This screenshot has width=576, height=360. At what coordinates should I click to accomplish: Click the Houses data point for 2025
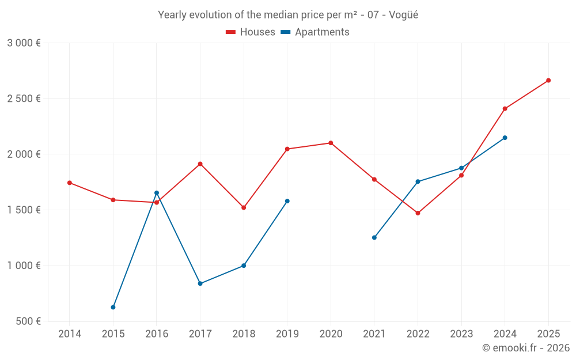[548, 81]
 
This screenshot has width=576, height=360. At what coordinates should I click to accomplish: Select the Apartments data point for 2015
[113, 308]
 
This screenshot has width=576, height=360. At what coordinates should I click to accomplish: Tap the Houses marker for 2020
[331, 143]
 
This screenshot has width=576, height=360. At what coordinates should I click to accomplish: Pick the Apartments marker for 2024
[505, 138]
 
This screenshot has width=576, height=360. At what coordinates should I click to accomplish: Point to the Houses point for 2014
[70, 183]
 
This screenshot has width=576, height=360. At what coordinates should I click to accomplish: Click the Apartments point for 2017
[200, 283]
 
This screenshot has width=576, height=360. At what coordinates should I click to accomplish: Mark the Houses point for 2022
[418, 213]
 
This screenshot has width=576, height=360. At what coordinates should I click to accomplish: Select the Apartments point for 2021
[374, 237]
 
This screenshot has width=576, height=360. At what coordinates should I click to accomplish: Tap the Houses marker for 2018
[244, 207]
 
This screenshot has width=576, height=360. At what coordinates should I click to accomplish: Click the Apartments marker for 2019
[287, 201]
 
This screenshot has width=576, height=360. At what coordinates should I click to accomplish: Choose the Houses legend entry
[251, 32]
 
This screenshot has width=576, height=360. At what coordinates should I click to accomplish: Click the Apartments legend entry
[315, 32]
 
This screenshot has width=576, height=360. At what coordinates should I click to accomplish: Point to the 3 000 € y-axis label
[24, 43]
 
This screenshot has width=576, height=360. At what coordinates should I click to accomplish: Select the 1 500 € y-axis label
[24, 210]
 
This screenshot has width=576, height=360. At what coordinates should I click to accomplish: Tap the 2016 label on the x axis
[157, 334]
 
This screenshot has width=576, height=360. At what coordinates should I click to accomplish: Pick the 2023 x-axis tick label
[461, 334]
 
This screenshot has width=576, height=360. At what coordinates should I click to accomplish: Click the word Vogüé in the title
[403, 15]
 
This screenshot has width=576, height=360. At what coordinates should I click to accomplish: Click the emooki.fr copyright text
[526, 348]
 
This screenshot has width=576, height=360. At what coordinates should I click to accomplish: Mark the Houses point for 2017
[200, 164]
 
